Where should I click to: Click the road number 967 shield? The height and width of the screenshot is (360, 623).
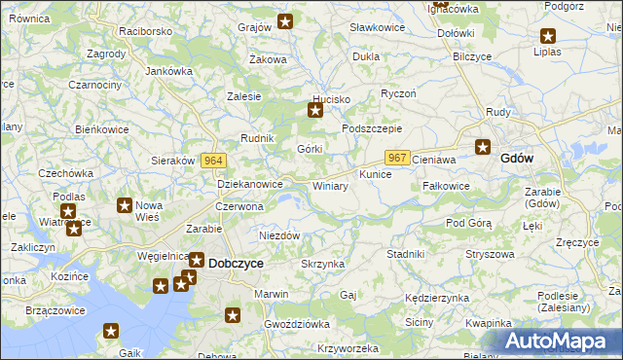396,158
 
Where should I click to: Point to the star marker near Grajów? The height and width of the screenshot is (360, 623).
285,20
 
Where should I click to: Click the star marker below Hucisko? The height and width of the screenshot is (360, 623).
315,111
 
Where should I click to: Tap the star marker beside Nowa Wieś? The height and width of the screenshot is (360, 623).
125,205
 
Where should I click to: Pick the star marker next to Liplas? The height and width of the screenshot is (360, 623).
548,36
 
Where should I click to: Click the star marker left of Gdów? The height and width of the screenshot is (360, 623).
483,148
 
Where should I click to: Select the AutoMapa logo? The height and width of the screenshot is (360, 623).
557,341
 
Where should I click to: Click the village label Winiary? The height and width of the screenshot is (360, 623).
330,186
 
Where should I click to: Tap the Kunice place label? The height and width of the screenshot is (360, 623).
375,175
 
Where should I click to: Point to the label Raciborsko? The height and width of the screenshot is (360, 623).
145,31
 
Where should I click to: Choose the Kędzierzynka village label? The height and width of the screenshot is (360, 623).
435,298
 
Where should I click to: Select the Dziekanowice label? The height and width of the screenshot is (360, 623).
249,183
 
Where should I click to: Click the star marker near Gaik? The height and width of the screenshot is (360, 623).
111,332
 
